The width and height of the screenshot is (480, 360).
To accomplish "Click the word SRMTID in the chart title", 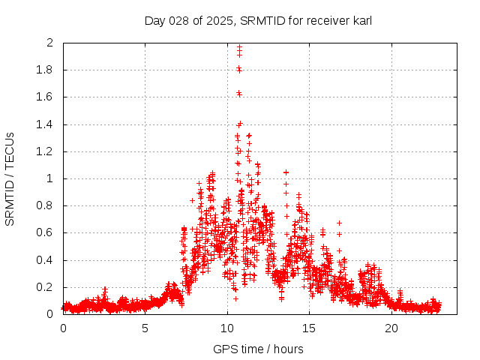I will (259, 21).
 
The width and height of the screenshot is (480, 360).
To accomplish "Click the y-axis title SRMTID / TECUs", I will (10, 178).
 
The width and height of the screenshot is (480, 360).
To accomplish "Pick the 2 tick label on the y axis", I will (49, 43).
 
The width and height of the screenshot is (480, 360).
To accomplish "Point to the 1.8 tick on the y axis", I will (45, 70).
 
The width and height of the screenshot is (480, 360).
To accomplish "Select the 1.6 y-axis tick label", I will (45, 97).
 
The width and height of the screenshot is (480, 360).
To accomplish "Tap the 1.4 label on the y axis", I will (45, 124).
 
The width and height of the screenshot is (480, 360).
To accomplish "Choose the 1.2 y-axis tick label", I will (45, 151).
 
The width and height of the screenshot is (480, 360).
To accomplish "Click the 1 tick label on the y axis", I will (49, 178).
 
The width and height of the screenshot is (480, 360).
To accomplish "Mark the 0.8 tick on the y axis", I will (45, 205).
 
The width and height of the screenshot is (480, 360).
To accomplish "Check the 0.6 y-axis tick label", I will (45, 232).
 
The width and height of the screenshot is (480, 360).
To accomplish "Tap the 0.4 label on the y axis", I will (45, 260).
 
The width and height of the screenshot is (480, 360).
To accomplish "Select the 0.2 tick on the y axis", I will (45, 287).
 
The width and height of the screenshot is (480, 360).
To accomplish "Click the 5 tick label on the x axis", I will (145, 328).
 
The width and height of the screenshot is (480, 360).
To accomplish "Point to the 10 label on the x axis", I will (227, 328).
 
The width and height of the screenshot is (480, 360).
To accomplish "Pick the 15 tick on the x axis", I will (310, 328).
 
